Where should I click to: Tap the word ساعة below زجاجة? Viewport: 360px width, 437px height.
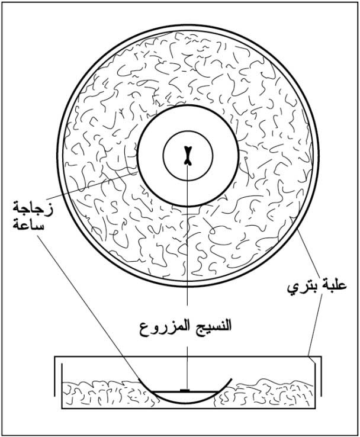pyautogui.click(x=28, y=225)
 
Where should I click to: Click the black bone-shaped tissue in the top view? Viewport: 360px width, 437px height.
pyautogui.click(x=188, y=156)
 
